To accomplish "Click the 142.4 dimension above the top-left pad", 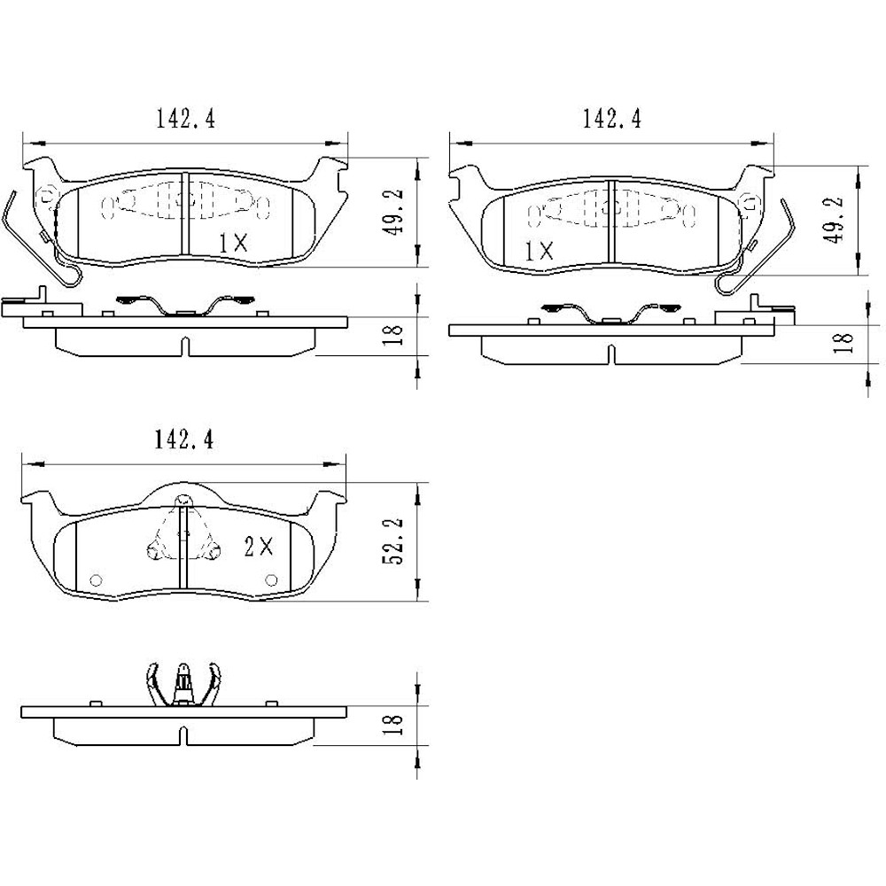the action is pos(185,119).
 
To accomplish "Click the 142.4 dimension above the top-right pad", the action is pos(612,119).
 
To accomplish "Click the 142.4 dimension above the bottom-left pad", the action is pos(184,439).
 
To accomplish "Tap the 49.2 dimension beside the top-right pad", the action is pos(834,219).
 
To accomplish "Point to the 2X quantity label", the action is pos(259,547).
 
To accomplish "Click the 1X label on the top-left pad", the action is pos(233,244).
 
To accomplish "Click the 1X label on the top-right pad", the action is pos(539,251).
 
